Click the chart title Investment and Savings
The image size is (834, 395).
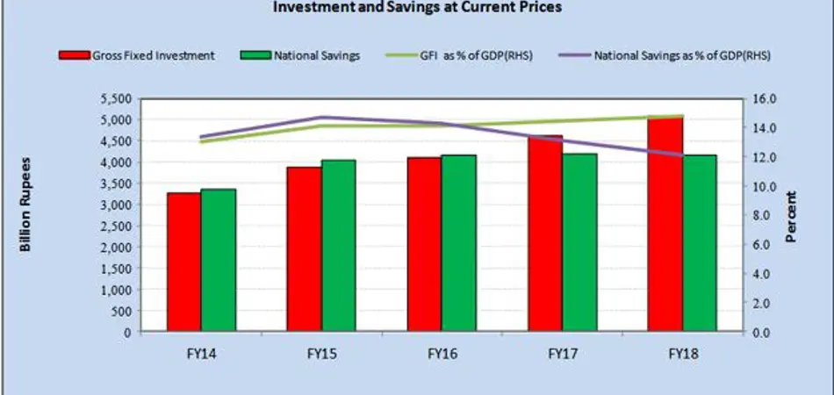coord(418,7)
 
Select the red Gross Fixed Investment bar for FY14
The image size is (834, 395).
coord(183,262)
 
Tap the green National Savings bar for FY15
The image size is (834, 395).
coord(339,246)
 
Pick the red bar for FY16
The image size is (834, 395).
coord(424,245)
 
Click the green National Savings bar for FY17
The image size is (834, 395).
coord(579,242)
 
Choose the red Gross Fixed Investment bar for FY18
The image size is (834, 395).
coord(665,224)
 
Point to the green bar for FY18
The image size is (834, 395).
coord(700,243)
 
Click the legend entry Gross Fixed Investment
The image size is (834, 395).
coord(137,55)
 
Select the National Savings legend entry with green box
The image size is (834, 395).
coord(300,55)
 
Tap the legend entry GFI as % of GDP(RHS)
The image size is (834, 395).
coord(459,55)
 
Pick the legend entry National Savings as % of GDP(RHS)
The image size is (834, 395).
coord(664,55)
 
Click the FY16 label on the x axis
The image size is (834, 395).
coord(441,354)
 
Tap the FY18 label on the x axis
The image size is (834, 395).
coord(682,354)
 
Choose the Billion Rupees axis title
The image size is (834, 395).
coord(25,205)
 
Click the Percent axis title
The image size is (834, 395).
coord(792,217)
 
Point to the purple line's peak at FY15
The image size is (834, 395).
coord(321,118)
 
